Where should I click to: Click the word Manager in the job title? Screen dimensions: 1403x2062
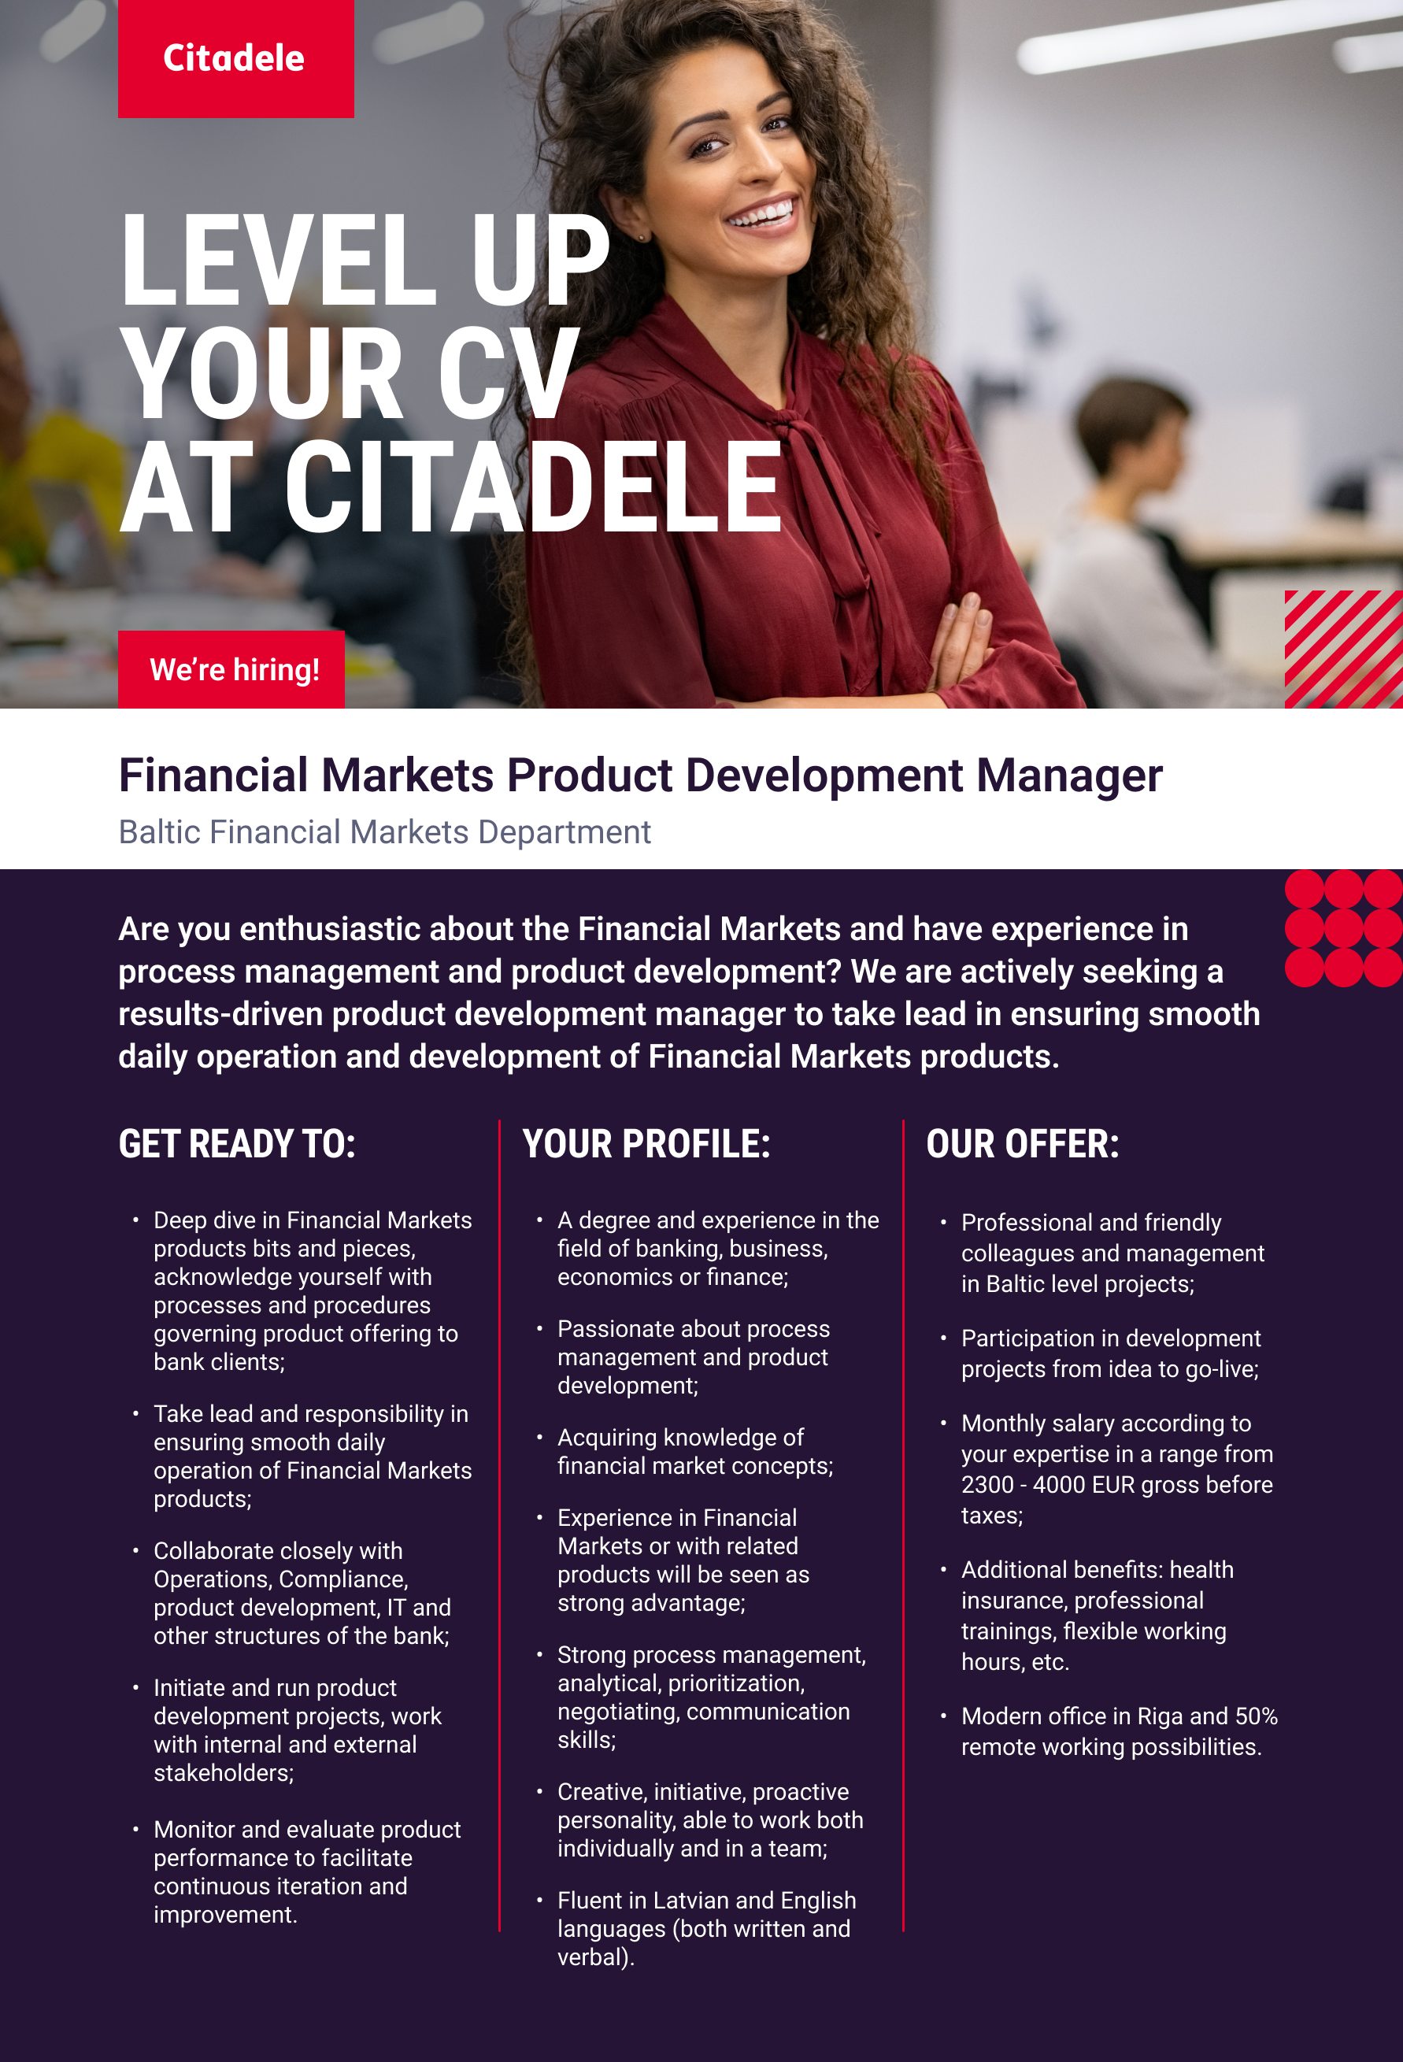point(1069,776)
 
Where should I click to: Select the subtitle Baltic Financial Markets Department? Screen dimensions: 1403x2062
point(384,832)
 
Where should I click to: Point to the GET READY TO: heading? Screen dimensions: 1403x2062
point(237,1144)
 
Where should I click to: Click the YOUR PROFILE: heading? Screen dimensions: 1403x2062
point(646,1144)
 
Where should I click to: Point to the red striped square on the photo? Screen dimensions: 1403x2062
point(1343,649)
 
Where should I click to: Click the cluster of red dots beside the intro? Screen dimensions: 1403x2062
point(1343,928)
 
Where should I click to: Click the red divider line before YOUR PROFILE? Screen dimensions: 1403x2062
point(500,1525)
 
